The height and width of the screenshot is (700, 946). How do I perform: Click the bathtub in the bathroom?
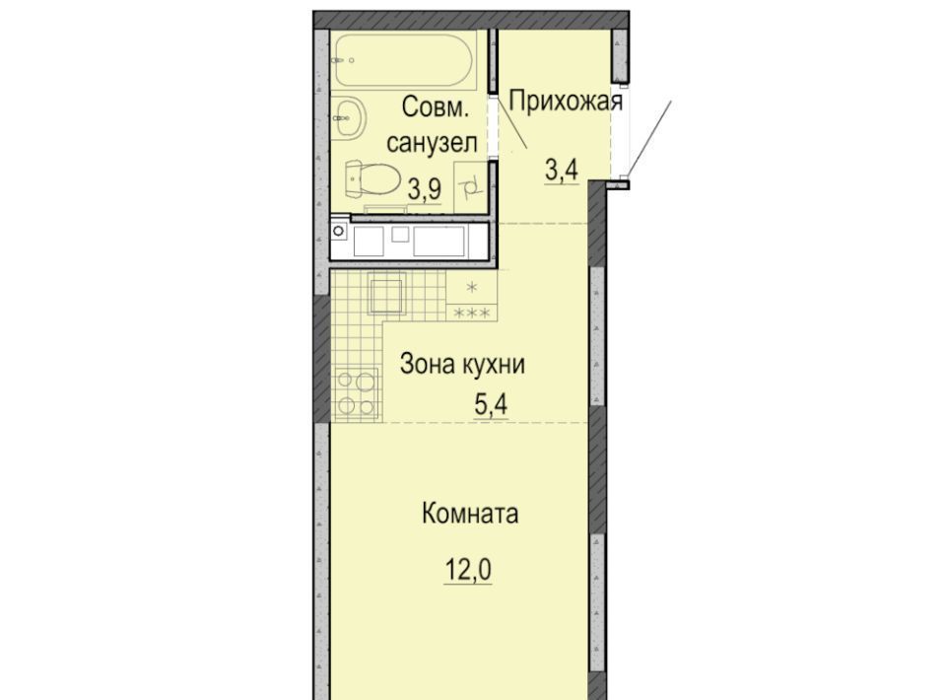(x=405, y=60)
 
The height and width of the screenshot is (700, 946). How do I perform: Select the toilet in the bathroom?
(x=374, y=178)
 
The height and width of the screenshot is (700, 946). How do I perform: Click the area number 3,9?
(x=425, y=189)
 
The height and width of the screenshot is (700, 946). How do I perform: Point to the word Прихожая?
(x=566, y=101)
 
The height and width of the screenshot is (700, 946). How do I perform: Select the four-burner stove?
(x=356, y=393)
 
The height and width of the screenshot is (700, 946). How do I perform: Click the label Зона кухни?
(x=462, y=365)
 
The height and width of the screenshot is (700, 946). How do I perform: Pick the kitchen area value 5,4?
(x=491, y=405)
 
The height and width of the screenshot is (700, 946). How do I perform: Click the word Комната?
(x=470, y=515)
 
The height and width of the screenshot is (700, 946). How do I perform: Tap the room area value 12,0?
(x=468, y=569)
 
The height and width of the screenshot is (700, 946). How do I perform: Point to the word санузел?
(x=432, y=144)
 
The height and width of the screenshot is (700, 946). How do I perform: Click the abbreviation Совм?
(x=435, y=108)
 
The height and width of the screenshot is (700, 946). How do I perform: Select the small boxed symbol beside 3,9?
(x=470, y=187)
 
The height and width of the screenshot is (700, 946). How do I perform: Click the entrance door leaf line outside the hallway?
(x=648, y=138)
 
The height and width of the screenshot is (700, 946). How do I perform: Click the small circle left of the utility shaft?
(x=338, y=231)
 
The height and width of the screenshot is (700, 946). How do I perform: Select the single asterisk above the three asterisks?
(x=472, y=287)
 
